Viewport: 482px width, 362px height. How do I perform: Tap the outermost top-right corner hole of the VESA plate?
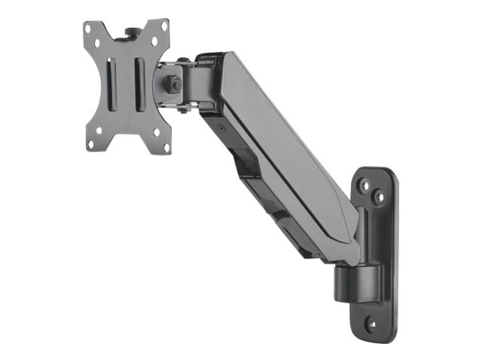click(x=164, y=25)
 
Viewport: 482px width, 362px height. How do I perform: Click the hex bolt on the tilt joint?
click(x=173, y=84)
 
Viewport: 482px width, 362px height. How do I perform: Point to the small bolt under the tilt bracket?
click(x=183, y=110)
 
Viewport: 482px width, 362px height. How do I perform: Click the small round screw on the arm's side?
click(x=220, y=128)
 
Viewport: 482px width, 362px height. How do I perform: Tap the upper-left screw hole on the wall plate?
click(x=363, y=183)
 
